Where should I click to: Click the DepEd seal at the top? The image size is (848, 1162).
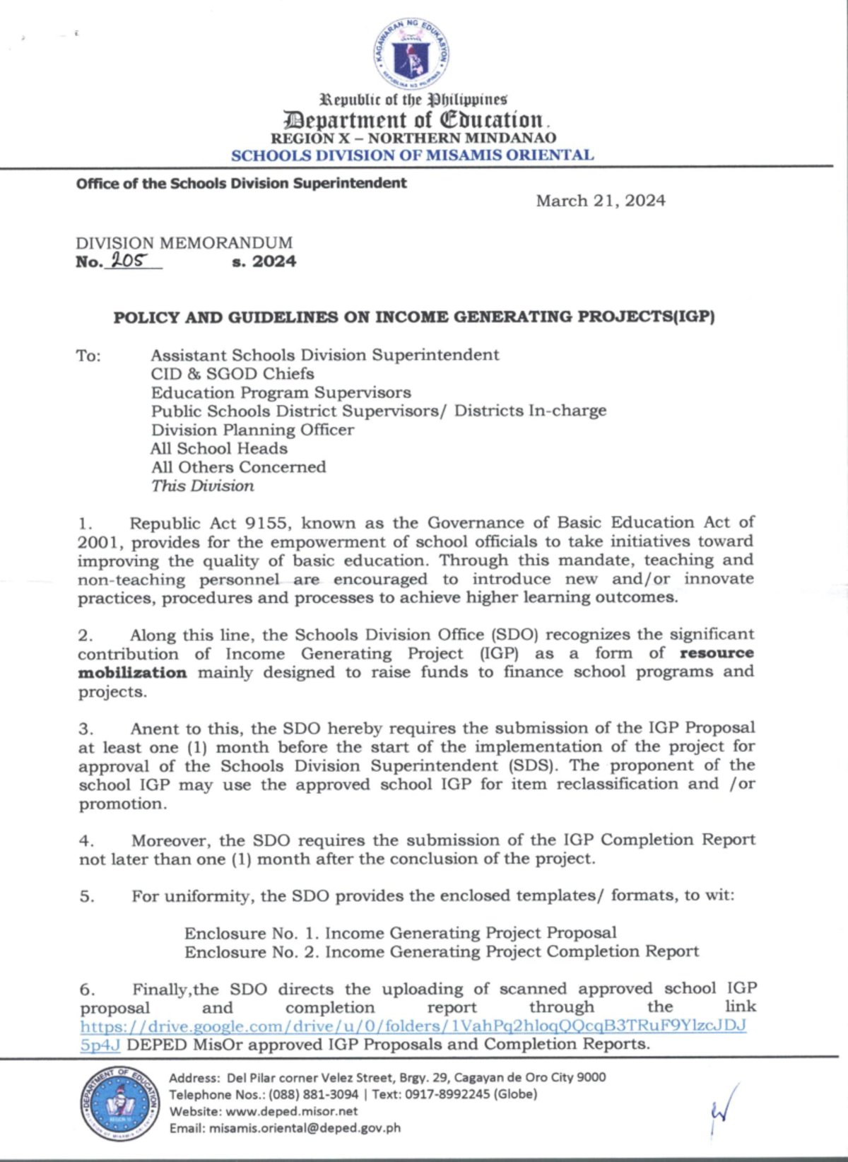pos(411,54)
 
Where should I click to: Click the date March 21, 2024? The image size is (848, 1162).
pos(600,201)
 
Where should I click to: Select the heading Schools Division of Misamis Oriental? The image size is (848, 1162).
pos(413,155)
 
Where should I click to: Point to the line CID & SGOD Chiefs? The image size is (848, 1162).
pos(232,374)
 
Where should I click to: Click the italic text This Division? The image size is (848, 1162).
pos(202,486)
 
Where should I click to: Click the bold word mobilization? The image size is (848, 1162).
pos(132,673)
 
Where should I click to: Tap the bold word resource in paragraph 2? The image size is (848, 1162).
pos(716,653)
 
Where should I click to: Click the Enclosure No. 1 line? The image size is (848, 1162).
pos(400,933)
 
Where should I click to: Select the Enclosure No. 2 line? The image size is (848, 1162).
pos(441,952)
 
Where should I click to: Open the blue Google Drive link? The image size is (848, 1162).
pos(413,1026)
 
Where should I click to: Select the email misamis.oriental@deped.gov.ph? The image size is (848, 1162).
pos(305,1128)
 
